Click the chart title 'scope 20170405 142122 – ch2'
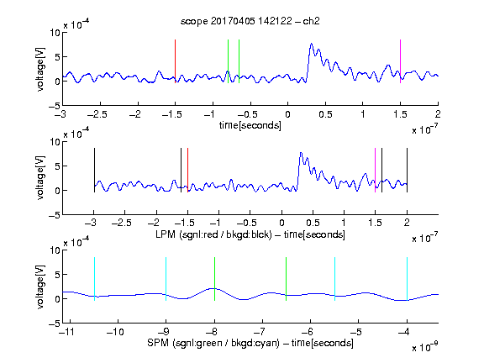(x=250, y=21)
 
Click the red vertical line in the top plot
(x=175, y=61)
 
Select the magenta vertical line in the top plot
(x=400, y=61)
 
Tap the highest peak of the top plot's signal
(x=311, y=44)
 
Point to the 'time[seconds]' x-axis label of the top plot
(x=250, y=125)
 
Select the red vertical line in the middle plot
(x=187, y=170)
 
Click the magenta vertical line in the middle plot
(x=375, y=170)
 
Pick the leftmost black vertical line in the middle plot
(x=94, y=170)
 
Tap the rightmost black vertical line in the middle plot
(x=407, y=170)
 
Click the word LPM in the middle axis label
(x=166, y=234)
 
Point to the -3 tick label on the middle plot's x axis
(x=92, y=223)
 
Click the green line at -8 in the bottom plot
(x=214, y=279)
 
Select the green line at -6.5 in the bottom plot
(x=287, y=279)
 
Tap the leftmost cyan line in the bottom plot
(x=94, y=279)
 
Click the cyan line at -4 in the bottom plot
(x=407, y=279)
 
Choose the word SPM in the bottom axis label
(x=158, y=343)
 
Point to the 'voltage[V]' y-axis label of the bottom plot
(x=40, y=287)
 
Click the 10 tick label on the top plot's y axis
(x=55, y=33)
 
